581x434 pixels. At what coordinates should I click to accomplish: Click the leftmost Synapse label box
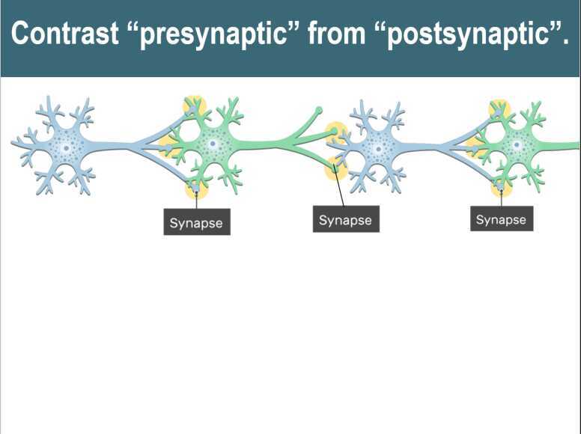[197, 222]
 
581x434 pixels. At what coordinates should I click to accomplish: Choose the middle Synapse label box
[346, 220]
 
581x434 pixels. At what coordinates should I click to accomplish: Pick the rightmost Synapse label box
[502, 219]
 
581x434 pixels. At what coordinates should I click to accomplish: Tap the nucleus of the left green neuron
[213, 143]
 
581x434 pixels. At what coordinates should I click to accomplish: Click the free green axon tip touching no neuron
[319, 111]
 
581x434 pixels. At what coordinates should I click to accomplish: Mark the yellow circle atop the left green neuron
[195, 106]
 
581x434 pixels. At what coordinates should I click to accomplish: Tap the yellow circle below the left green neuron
[196, 188]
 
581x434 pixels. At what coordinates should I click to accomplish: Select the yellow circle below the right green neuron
[500, 187]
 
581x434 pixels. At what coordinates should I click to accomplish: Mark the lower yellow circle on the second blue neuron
[335, 169]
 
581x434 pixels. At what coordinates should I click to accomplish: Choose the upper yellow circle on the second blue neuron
[336, 132]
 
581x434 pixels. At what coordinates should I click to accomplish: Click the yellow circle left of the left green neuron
[169, 144]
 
